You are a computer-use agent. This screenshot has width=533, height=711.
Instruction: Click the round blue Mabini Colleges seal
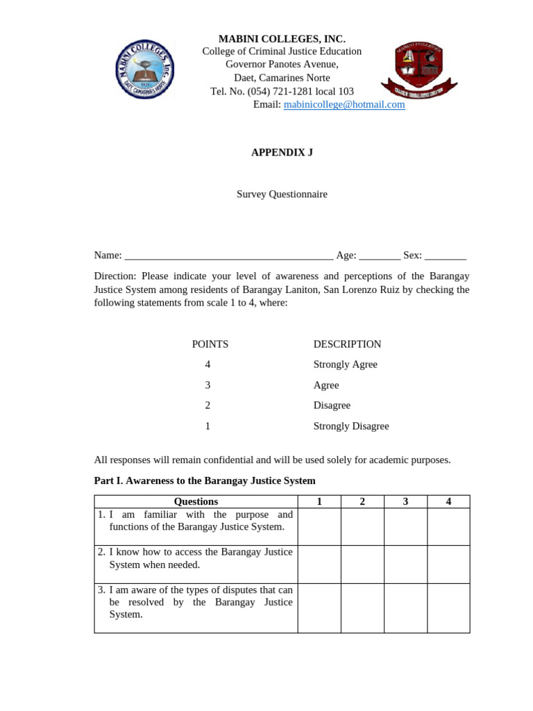pyautogui.click(x=144, y=69)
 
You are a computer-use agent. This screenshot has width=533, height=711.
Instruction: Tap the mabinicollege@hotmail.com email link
pyautogui.click(x=344, y=105)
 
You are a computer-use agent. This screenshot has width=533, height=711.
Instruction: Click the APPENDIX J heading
pyautogui.click(x=282, y=152)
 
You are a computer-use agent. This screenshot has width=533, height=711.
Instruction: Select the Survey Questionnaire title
pyautogui.click(x=282, y=194)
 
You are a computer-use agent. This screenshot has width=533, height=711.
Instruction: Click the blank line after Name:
pyautogui.click(x=229, y=256)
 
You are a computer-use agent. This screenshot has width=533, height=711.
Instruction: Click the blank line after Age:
pyautogui.click(x=380, y=256)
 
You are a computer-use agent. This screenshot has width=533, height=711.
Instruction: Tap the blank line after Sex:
pyautogui.click(x=446, y=256)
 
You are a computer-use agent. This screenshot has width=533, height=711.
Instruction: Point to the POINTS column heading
pyautogui.click(x=210, y=344)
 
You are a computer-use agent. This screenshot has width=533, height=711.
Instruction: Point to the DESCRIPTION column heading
pyautogui.click(x=347, y=344)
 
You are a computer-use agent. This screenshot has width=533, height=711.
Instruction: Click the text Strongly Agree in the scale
pyautogui.click(x=345, y=365)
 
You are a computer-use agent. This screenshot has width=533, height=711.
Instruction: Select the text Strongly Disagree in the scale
pyautogui.click(x=351, y=426)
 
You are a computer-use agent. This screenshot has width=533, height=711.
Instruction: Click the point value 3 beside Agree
pyautogui.click(x=208, y=385)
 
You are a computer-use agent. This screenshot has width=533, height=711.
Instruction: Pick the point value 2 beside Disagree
pyautogui.click(x=208, y=405)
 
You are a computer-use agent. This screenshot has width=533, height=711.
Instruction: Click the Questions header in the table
pyautogui.click(x=196, y=501)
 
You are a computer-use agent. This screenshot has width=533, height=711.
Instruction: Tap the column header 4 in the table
pyautogui.click(x=448, y=501)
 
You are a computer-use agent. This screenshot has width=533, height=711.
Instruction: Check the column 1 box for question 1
pyautogui.click(x=319, y=526)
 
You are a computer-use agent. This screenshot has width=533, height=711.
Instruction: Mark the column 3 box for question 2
pyautogui.click(x=405, y=564)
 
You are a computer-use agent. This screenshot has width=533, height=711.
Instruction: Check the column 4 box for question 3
pyautogui.click(x=448, y=608)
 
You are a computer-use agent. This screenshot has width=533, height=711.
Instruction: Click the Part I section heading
pyautogui.click(x=205, y=480)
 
